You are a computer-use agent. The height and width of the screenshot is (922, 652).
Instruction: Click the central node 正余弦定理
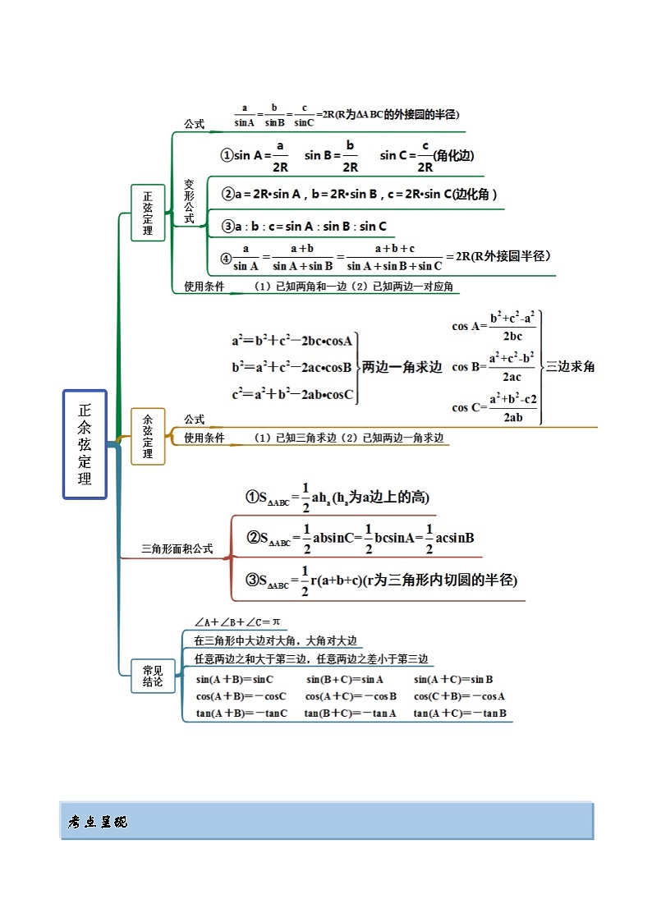(x=85, y=444)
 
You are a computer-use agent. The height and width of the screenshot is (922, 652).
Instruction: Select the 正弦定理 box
(x=148, y=213)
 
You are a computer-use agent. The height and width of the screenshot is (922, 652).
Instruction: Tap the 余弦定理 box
(x=148, y=436)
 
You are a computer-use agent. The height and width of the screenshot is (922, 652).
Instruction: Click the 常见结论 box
(x=153, y=676)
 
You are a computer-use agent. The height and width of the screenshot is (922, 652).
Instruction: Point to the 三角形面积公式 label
(x=177, y=549)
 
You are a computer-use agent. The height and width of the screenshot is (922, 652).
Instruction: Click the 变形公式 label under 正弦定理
(x=189, y=202)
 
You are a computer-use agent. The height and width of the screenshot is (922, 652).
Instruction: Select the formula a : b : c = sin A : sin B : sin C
(x=304, y=227)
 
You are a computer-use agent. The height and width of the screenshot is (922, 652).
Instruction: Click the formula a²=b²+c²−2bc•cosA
(x=292, y=341)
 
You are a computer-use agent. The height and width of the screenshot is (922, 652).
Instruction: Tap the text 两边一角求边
(x=402, y=368)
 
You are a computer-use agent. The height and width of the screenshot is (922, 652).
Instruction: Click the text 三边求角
(x=570, y=367)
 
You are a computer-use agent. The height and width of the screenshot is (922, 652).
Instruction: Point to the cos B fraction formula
(x=494, y=367)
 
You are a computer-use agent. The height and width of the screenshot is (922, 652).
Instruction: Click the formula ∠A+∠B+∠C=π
(x=237, y=622)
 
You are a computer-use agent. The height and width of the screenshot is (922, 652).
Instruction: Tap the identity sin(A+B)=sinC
(x=235, y=680)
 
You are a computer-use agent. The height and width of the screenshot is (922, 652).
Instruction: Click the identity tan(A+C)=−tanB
(x=460, y=713)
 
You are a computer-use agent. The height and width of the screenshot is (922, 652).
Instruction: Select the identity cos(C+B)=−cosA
(x=459, y=696)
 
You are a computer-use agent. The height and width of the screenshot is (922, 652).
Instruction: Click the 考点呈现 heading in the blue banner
(x=98, y=822)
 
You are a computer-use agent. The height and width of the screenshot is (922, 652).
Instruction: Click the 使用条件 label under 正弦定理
(x=204, y=287)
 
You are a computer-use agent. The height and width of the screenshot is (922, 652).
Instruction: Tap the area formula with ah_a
(x=337, y=498)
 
